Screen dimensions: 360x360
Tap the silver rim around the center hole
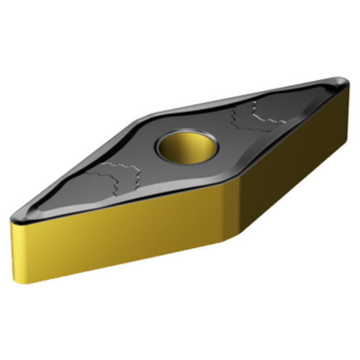(186, 158)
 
